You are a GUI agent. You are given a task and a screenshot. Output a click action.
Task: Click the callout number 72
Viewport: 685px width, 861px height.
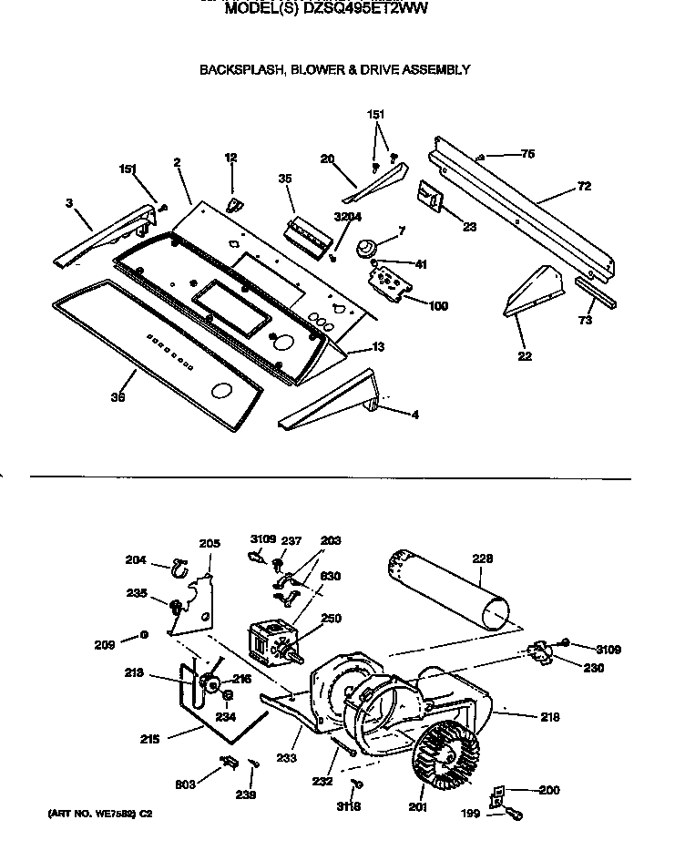(584, 186)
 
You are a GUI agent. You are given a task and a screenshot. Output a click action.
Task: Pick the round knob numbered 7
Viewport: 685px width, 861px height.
(368, 247)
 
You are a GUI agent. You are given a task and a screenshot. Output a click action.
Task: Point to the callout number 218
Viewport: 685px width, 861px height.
(548, 717)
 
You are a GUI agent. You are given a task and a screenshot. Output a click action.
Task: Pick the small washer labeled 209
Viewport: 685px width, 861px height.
(144, 636)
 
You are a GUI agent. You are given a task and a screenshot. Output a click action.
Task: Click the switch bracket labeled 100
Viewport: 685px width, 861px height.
(390, 282)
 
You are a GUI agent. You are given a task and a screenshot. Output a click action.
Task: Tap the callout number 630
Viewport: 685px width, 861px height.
(330, 575)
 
